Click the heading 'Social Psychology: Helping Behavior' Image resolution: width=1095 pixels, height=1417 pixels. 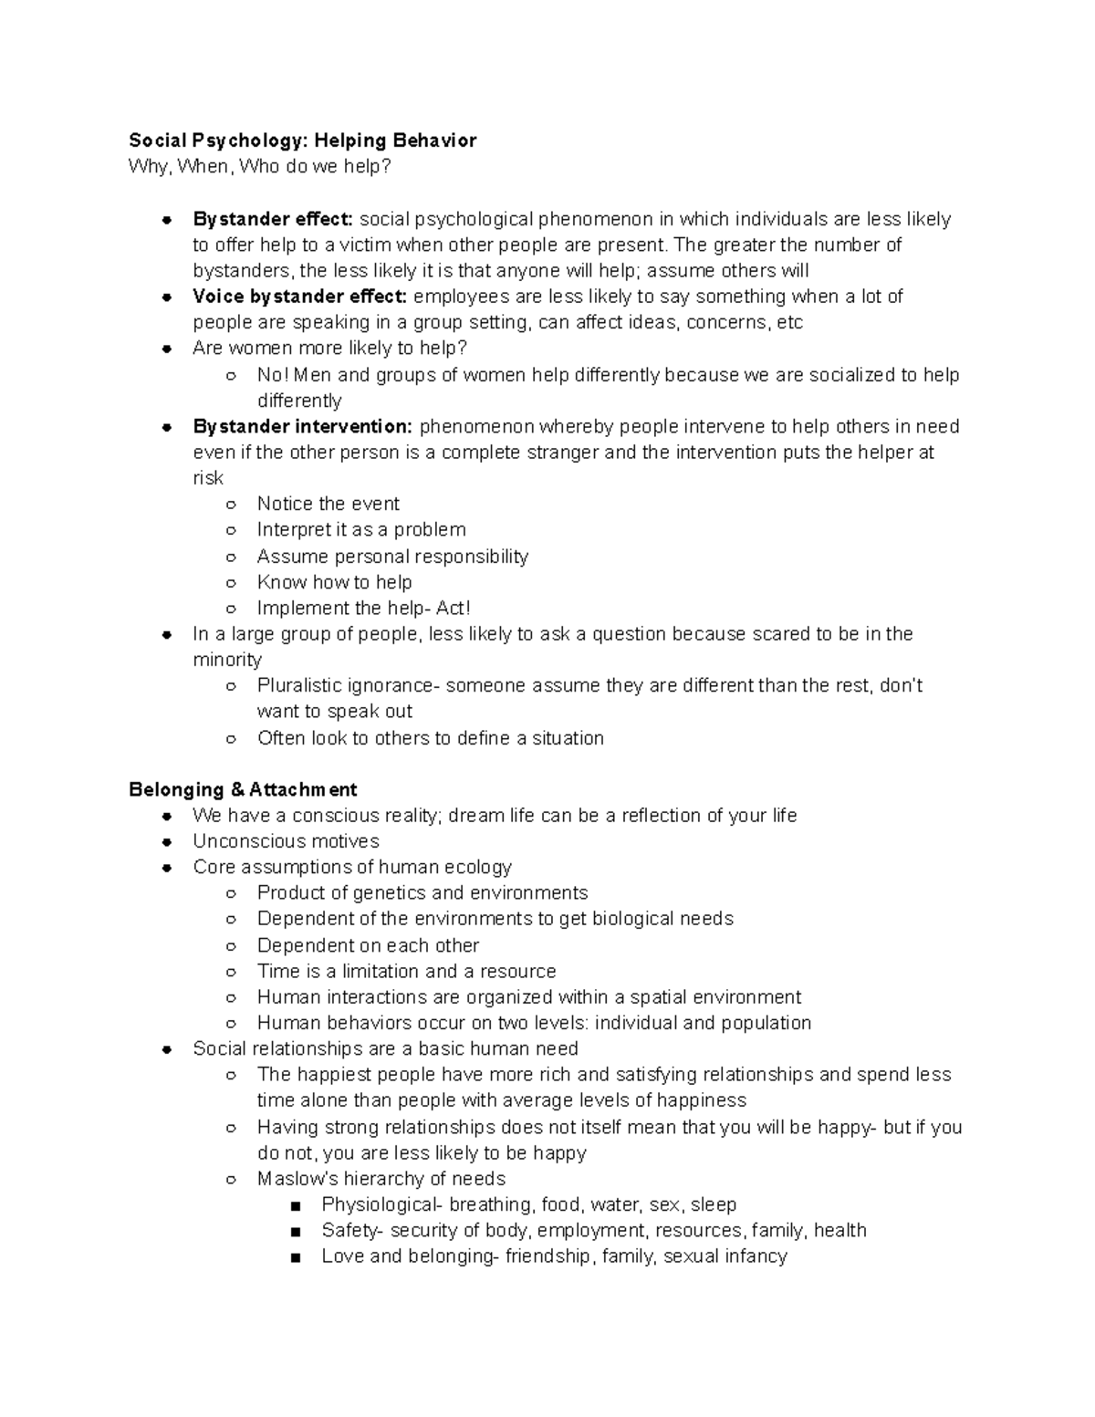302,141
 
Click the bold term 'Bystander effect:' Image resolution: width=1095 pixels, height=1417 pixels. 272,219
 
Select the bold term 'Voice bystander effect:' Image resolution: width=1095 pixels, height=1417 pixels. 299,297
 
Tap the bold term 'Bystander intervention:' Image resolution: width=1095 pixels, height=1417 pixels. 303,426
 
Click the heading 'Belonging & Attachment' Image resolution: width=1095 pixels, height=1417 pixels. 243,789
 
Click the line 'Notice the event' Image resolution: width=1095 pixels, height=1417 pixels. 328,504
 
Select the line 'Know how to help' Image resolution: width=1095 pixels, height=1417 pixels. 334,582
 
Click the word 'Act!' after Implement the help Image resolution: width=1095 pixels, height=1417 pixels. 454,608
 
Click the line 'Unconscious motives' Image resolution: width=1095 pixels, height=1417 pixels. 286,841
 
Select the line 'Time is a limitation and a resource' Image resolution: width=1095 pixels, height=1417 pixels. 406,971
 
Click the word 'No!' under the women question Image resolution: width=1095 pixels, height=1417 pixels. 273,375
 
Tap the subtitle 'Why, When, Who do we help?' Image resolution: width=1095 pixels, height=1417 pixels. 260,167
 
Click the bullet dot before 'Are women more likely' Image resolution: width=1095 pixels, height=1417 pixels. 167,349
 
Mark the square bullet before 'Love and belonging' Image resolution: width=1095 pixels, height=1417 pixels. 296,1257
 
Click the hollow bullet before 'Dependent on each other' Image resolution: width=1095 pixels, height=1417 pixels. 232,946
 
